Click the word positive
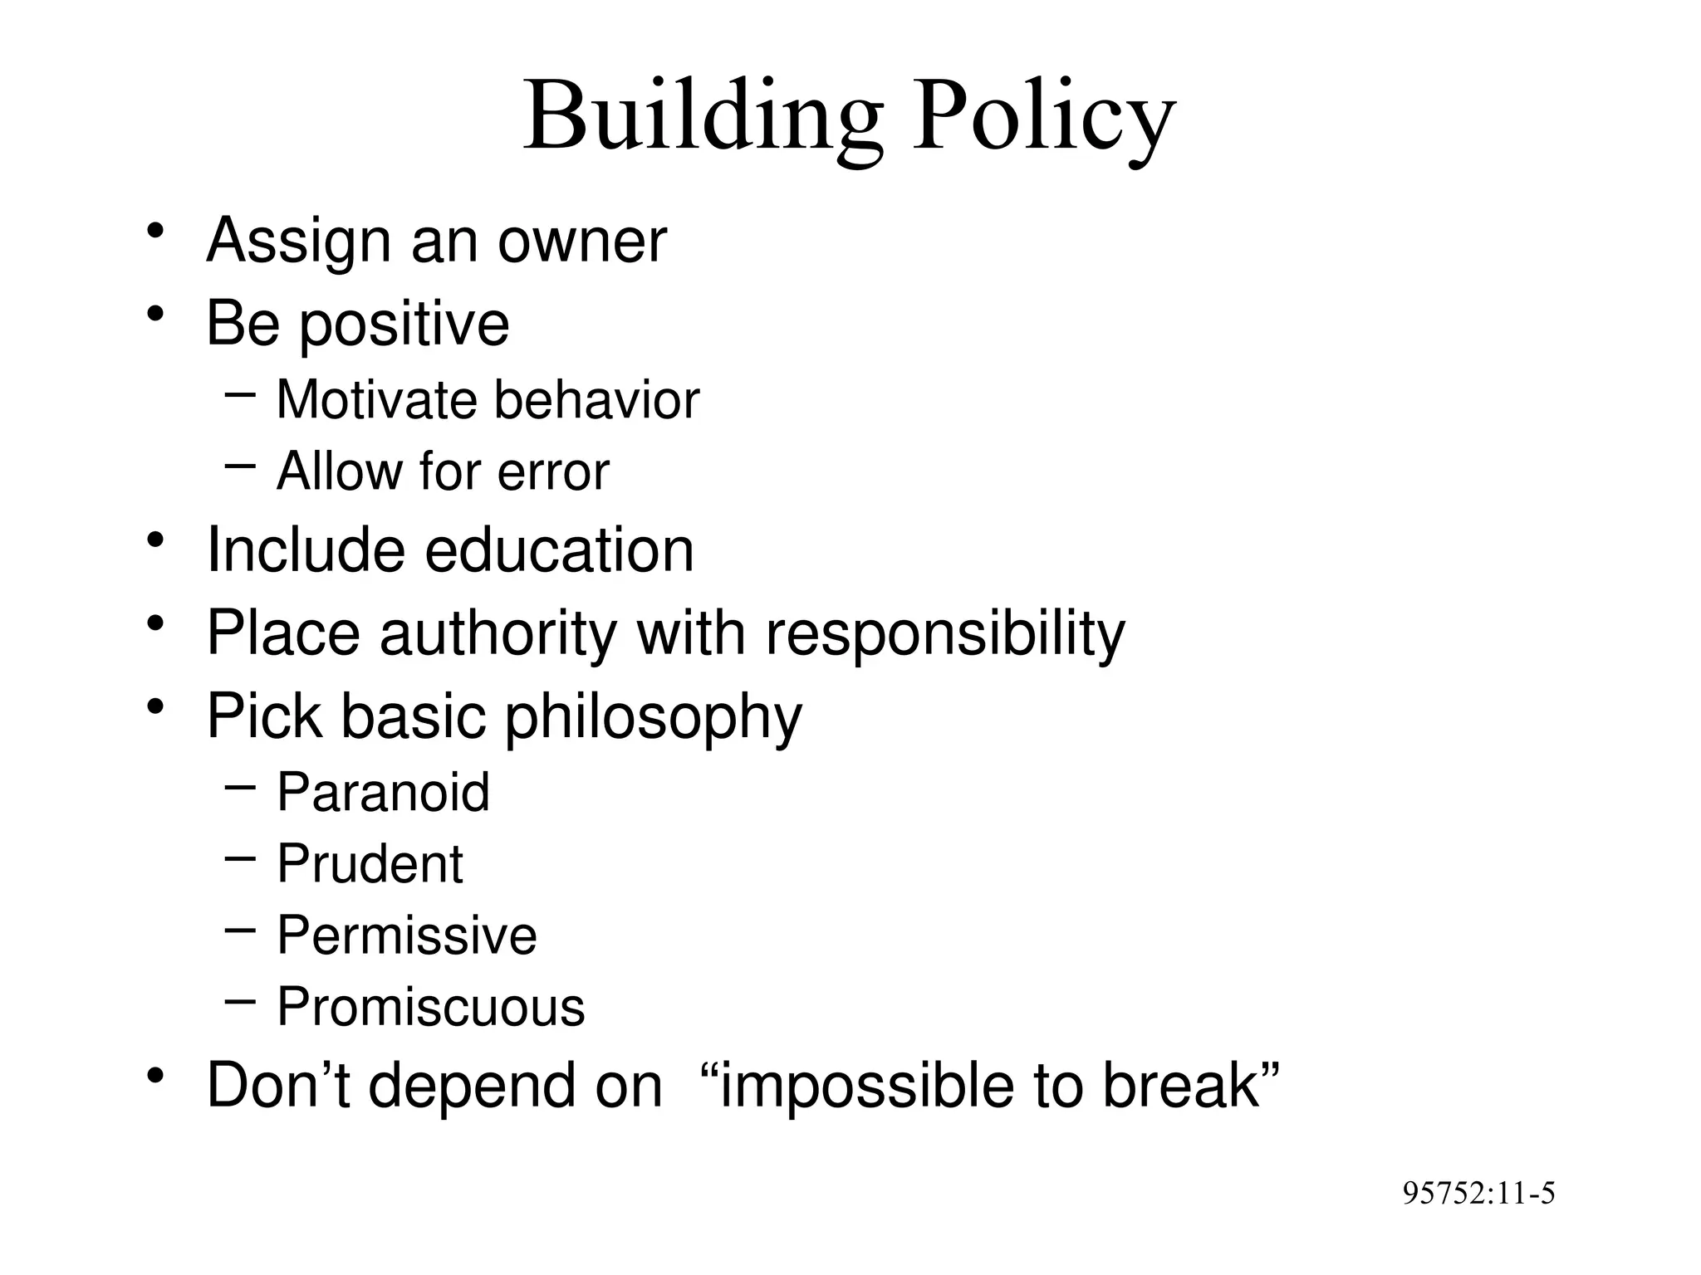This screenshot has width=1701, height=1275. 404,324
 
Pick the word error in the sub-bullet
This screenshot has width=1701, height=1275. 553,471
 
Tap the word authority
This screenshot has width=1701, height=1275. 498,634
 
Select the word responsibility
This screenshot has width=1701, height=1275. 945,634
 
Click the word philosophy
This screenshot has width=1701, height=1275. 653,716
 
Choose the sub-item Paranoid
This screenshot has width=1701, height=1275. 383,792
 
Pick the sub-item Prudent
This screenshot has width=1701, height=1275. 370,864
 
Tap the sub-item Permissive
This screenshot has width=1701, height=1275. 407,935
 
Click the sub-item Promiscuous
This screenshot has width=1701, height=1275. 431,1008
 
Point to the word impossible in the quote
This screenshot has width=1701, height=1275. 865,1086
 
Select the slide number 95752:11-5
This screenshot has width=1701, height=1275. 1478,1194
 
